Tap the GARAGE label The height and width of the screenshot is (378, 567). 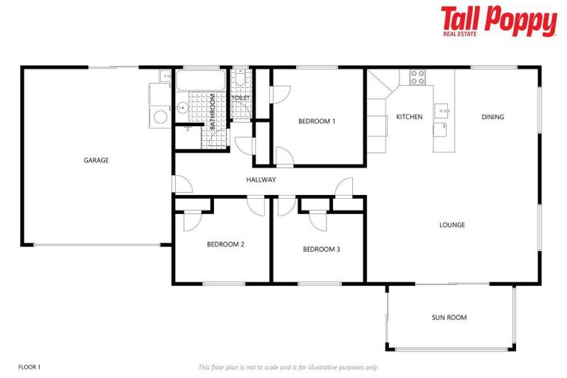[x=96, y=159]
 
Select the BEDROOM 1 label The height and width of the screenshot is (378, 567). [x=317, y=121]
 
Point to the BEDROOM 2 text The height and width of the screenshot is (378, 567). [x=225, y=244]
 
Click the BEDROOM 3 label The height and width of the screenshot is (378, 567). [x=321, y=249]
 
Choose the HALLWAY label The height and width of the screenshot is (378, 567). [x=261, y=179]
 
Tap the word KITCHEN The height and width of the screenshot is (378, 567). [x=409, y=117]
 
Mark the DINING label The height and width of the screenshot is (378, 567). [x=492, y=117]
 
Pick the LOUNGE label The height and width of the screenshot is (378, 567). [x=452, y=225]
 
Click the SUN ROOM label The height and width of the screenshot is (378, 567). [x=449, y=317]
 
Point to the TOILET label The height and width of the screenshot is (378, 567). [x=241, y=97]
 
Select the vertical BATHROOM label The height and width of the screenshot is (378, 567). [x=213, y=112]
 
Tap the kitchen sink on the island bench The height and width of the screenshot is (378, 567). [x=443, y=111]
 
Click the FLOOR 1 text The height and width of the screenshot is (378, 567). [x=29, y=367]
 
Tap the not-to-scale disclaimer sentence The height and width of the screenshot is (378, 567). [x=288, y=367]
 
